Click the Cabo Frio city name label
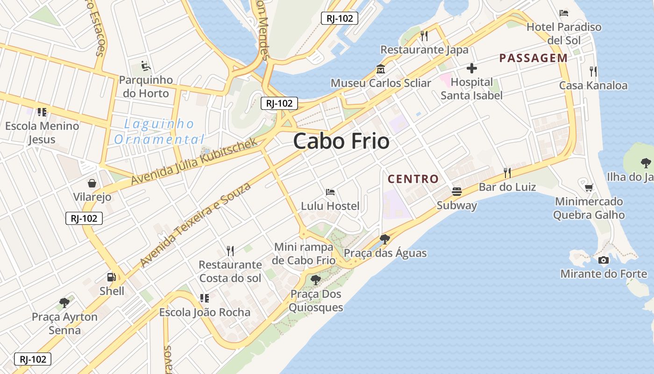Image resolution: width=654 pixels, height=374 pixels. pyautogui.click(x=341, y=141)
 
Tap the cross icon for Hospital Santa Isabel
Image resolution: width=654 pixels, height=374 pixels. pyautogui.click(x=472, y=68)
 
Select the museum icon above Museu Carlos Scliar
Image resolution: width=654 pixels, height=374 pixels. pyautogui.click(x=380, y=70)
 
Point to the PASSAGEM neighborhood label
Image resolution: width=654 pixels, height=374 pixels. pyautogui.click(x=533, y=58)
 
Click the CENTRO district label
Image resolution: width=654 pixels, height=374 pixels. pyautogui.click(x=413, y=179)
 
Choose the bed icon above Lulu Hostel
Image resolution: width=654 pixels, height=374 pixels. pyautogui.click(x=330, y=192)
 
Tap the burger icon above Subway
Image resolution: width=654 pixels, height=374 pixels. pyautogui.click(x=456, y=192)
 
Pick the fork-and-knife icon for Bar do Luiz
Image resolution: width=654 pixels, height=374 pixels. pyautogui.click(x=507, y=173)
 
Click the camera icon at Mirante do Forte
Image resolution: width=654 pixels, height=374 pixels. pyautogui.click(x=604, y=260)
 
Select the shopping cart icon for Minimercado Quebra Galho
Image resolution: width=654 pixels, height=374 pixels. pyautogui.click(x=589, y=187)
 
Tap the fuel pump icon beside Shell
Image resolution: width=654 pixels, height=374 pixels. pyautogui.click(x=111, y=277)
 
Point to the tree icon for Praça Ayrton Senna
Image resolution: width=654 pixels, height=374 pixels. pyautogui.click(x=64, y=303)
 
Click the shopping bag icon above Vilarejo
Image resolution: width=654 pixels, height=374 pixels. pyautogui.click(x=92, y=183)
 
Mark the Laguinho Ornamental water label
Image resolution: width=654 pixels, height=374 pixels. pyautogui.click(x=159, y=132)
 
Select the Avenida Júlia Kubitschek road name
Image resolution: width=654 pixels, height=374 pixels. pyautogui.click(x=194, y=161)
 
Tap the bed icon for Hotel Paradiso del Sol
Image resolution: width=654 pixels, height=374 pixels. pyautogui.click(x=564, y=13)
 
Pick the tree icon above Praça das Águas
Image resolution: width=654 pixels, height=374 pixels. pyautogui.click(x=385, y=239)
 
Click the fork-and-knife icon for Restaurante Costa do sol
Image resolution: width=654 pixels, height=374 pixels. pyautogui.click(x=230, y=251)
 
